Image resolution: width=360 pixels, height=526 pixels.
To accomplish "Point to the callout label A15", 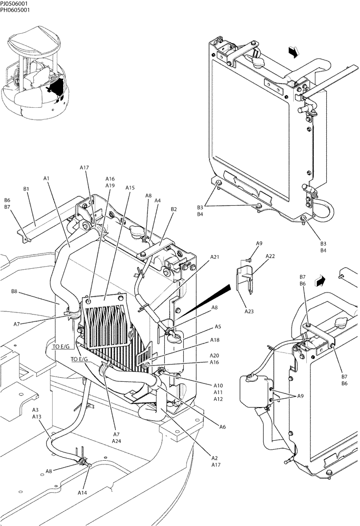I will click(x=130, y=188).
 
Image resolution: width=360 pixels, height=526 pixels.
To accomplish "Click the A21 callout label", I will click(x=215, y=257).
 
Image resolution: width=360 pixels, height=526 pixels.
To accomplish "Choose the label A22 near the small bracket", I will click(x=270, y=256).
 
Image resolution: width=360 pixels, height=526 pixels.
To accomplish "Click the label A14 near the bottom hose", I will click(x=82, y=492).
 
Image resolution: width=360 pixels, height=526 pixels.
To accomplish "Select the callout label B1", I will click(x=26, y=188).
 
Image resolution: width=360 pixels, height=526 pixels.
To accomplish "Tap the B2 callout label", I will click(x=173, y=209).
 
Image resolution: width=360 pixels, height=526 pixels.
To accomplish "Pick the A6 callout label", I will click(x=222, y=427).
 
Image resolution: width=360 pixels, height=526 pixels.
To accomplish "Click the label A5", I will click(x=218, y=326).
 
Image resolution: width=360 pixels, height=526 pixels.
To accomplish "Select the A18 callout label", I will click(x=215, y=340).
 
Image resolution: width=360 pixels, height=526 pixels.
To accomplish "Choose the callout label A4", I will click(x=157, y=200).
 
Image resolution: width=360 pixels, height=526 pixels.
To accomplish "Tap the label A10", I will click(x=218, y=386).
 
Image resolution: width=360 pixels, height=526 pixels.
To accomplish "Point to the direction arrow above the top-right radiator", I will click(x=294, y=52).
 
